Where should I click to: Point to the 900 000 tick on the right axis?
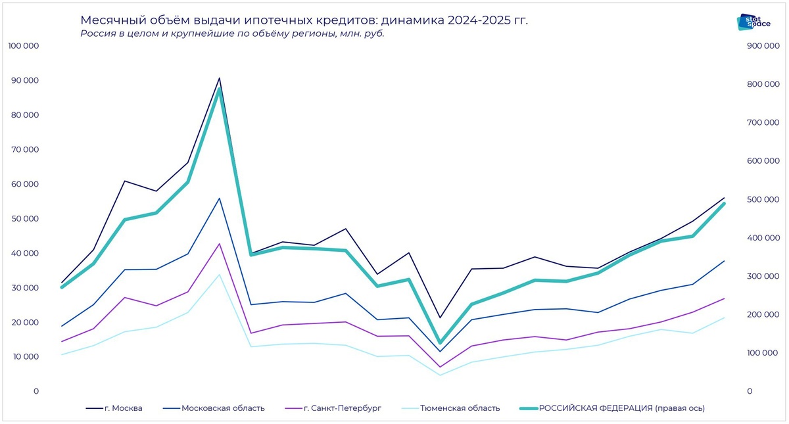(x=762, y=46)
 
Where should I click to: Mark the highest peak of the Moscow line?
(x=219, y=78)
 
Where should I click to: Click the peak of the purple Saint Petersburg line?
(x=219, y=244)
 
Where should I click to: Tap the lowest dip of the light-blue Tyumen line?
(x=440, y=375)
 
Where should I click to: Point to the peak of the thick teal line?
(x=219, y=89)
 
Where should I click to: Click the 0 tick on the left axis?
(x=36, y=391)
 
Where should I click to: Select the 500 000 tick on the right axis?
(x=762, y=199)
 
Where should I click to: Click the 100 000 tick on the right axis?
(x=762, y=353)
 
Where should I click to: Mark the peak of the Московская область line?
(x=219, y=198)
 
